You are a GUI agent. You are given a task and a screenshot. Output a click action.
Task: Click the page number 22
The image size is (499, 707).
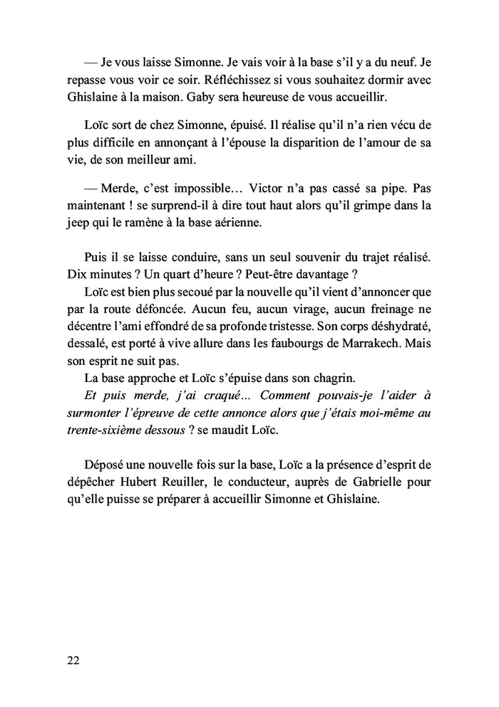click(x=72, y=659)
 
